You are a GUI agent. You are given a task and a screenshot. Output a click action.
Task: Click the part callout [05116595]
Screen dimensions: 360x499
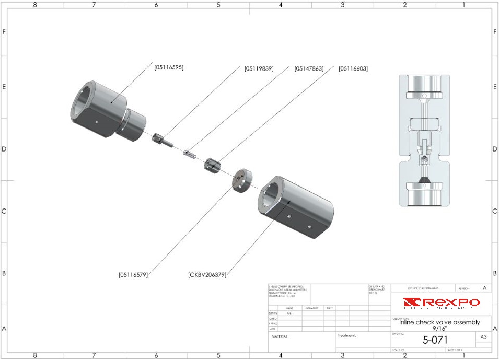169,67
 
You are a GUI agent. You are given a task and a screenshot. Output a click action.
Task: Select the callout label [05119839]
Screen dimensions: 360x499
259,68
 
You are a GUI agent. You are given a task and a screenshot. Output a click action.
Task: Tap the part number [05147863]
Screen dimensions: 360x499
309,68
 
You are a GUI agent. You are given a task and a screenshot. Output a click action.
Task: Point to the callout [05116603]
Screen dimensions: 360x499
353,68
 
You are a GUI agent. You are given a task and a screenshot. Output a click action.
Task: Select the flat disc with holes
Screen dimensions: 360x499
241,180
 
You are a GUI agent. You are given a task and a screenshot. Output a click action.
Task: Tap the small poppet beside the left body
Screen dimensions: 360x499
165,141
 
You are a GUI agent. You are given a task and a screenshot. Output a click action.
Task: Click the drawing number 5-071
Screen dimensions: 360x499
435,340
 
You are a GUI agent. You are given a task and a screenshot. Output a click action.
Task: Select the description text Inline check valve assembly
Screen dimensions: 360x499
435,323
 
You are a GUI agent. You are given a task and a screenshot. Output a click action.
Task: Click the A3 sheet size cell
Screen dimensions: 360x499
483,338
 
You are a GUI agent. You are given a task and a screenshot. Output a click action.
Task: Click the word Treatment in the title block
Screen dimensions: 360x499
346,335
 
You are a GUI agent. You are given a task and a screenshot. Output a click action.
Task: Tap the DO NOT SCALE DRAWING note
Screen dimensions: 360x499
424,288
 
